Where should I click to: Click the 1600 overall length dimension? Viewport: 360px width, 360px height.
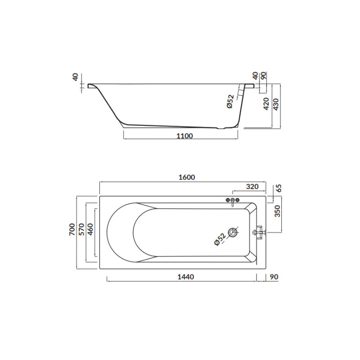pos(187,177)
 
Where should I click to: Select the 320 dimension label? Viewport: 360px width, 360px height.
pos(252,186)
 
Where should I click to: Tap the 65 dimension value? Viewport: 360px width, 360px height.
pos(279,188)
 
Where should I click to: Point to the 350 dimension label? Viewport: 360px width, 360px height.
pos(278,211)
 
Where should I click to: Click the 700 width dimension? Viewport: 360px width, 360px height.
pos(72,229)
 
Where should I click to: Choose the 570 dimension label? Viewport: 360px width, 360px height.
pos(82,229)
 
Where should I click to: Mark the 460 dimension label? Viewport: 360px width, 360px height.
pos(90,229)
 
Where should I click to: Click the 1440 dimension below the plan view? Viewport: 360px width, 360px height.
pos(186,277)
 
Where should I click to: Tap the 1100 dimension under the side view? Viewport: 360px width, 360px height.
pos(184,136)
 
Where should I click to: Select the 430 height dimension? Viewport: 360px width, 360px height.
pos(276,104)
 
